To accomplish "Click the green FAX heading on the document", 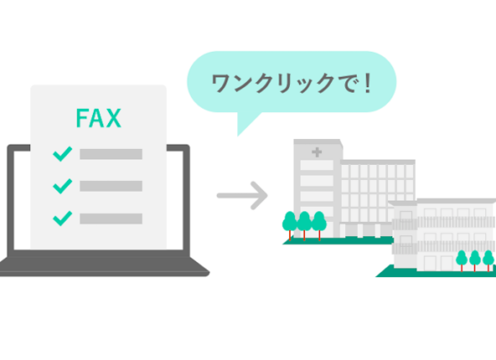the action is pos(99,118).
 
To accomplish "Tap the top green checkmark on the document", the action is pos(62,154).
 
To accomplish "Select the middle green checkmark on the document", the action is pos(62,186).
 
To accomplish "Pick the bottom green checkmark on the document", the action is pos(62,219).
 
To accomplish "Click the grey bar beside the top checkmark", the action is pos(111,154).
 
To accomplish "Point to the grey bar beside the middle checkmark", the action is pos(111,186).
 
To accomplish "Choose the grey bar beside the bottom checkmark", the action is pos(111,219).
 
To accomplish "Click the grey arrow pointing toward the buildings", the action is pos(242,196).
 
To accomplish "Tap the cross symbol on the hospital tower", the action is pos(317,152).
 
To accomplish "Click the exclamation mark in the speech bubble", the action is pos(368,83).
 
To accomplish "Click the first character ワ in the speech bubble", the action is pos(221,84).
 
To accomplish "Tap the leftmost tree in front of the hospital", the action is pos(290,226).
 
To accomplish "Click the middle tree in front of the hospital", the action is pos(304,226).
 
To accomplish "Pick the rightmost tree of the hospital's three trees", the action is pos(319,226).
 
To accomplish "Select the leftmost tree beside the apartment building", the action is pos(462,260).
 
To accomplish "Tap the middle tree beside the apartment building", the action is pos(475,260).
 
